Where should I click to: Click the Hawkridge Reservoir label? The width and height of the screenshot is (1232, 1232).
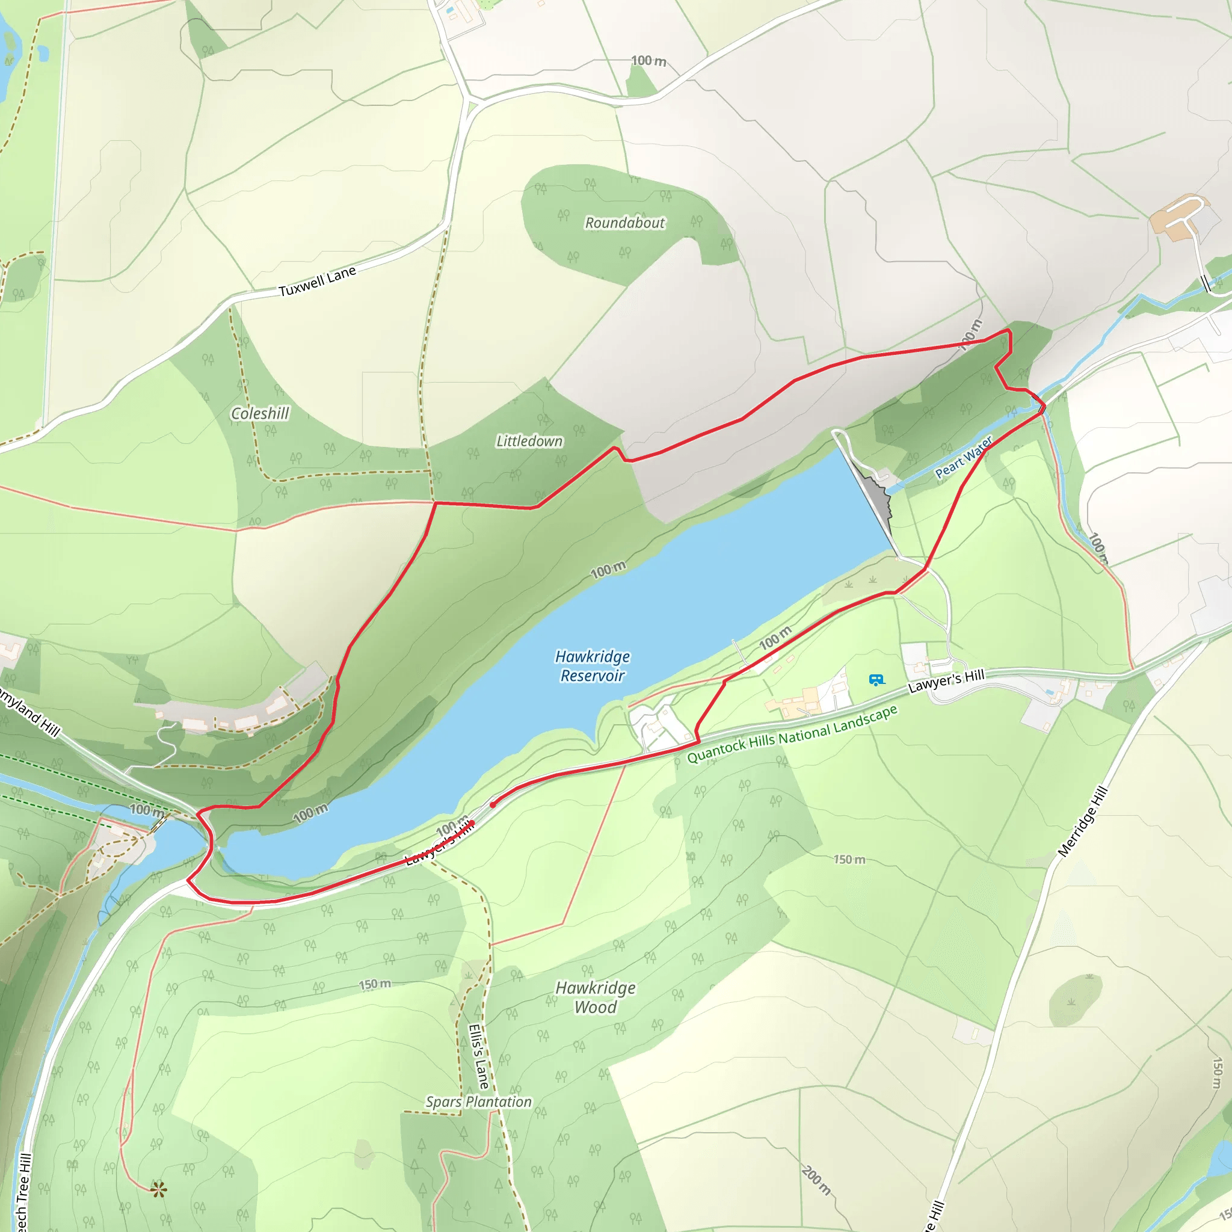[592, 666]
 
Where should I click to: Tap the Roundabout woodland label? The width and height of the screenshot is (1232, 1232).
[624, 223]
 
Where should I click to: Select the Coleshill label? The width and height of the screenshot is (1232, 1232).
[260, 413]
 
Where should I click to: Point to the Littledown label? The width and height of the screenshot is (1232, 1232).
[529, 440]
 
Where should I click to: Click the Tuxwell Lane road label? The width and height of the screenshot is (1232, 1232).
[317, 281]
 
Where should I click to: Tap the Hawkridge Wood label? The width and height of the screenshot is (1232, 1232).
[595, 997]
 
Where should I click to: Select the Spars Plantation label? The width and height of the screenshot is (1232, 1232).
[478, 1102]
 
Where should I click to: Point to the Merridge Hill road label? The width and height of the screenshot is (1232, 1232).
[1082, 822]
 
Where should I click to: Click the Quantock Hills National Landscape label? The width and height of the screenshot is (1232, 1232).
[792, 734]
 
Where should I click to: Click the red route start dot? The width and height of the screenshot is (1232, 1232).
[493, 805]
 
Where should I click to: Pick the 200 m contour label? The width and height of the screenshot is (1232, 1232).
[816, 1180]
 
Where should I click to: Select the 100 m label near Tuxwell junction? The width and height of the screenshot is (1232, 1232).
[648, 61]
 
